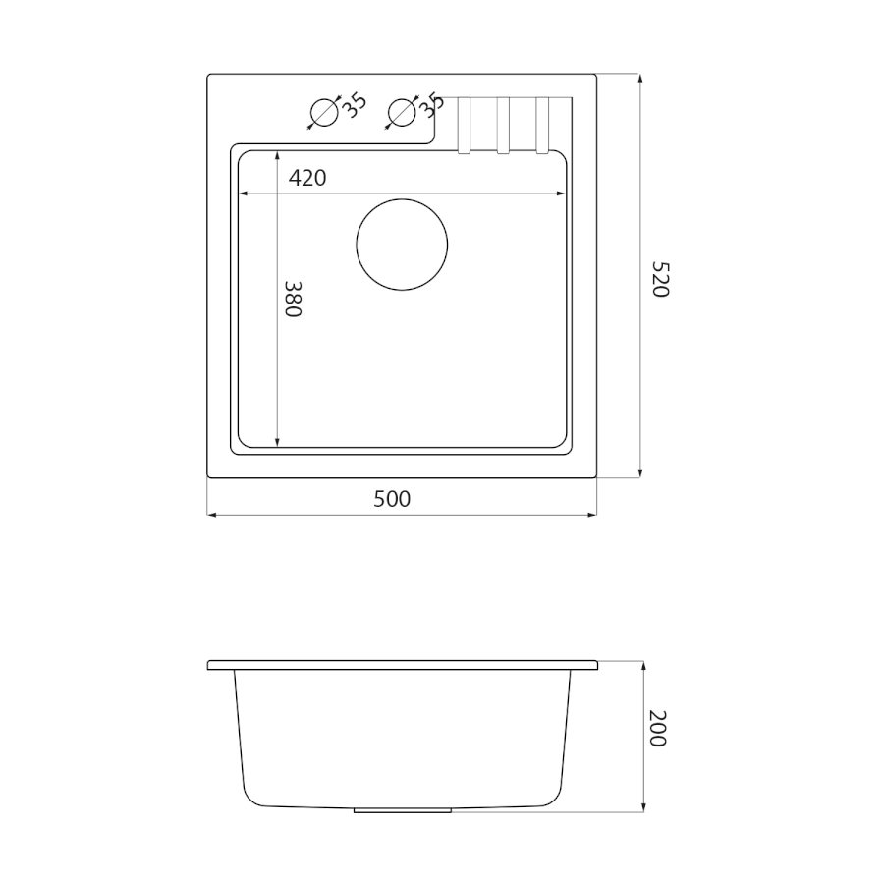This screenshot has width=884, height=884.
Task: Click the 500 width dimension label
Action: pos(392,499)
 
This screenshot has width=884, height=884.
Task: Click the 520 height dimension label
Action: pos(660,279)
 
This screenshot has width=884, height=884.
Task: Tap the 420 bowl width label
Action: pos(307,178)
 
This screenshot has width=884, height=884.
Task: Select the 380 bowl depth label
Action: pos(293,299)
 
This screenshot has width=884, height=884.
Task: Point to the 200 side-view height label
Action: pos(658,729)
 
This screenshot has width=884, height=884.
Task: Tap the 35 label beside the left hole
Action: pos(356,105)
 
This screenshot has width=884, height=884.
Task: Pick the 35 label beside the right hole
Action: pos(432,105)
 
